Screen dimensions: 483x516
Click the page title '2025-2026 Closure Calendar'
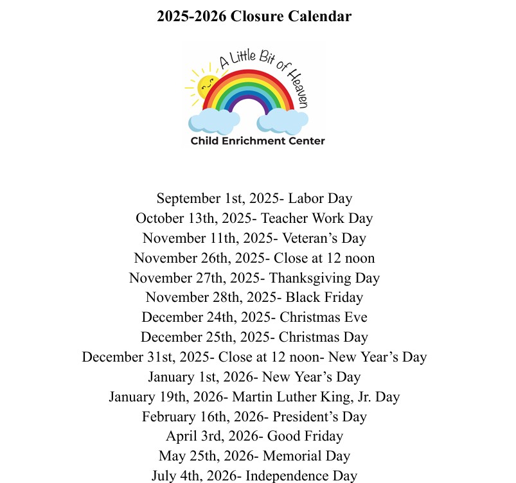point(254,17)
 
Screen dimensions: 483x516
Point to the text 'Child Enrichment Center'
point(258,141)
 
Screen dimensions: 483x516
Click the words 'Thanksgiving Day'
point(325,278)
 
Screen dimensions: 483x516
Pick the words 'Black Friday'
point(325,297)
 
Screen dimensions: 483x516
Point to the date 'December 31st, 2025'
point(148,357)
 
